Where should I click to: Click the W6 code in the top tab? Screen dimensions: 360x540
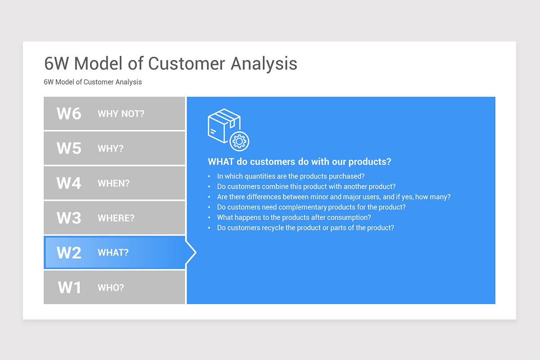click(x=69, y=113)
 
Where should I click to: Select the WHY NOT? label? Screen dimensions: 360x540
click(x=121, y=114)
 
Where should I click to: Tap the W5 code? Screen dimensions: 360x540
click(x=69, y=148)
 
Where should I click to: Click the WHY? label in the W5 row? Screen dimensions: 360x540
click(x=110, y=148)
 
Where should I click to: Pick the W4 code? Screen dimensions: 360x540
click(x=69, y=183)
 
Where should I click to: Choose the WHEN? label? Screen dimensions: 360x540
click(x=113, y=184)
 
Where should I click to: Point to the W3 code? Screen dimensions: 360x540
click(x=69, y=218)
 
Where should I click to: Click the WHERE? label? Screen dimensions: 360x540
click(x=116, y=218)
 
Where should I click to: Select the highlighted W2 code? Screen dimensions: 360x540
click(x=69, y=253)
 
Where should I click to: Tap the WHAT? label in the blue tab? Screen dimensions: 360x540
click(x=113, y=253)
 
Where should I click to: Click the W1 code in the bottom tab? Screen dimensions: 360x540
click(x=69, y=288)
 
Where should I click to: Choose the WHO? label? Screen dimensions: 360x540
click(x=111, y=288)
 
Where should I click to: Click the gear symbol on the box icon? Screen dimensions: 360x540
click(x=239, y=141)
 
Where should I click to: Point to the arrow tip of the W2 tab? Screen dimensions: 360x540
click(x=195, y=252)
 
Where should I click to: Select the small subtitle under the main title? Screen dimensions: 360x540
click(x=93, y=82)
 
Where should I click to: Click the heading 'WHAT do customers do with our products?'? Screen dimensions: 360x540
click(x=299, y=162)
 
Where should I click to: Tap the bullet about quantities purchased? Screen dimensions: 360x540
click(x=291, y=176)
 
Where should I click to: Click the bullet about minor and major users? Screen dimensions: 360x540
click(x=333, y=197)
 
